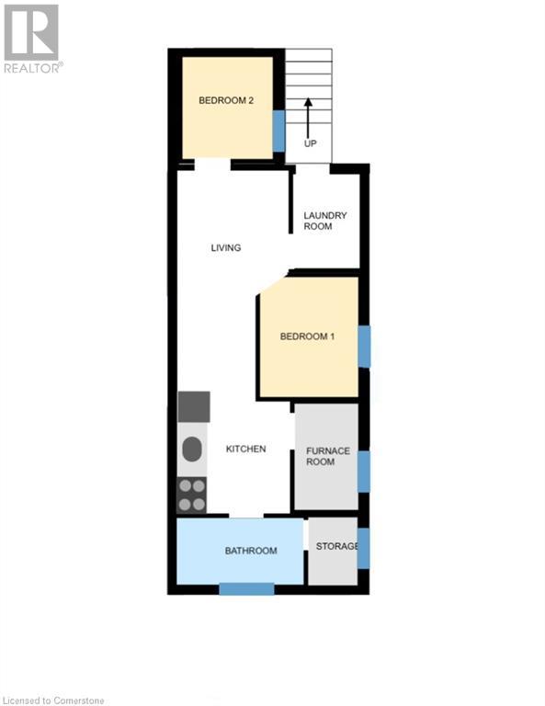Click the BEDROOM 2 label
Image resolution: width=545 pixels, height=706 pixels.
pyautogui.click(x=226, y=101)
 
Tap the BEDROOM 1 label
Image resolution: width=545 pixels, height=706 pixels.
pyautogui.click(x=307, y=337)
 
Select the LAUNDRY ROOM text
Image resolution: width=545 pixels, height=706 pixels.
pyautogui.click(x=325, y=221)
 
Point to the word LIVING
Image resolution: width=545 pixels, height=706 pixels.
pyautogui.click(x=225, y=248)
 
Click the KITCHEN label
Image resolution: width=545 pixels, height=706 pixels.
pyautogui.click(x=246, y=449)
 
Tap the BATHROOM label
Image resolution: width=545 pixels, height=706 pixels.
pyautogui.click(x=251, y=551)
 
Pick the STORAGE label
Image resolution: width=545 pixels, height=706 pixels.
pyautogui.click(x=336, y=547)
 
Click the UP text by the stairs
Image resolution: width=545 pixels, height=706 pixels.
pyautogui.click(x=310, y=145)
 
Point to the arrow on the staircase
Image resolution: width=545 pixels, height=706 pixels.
pyautogui.click(x=309, y=110)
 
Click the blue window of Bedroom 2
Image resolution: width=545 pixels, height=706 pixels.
pyautogui.click(x=278, y=131)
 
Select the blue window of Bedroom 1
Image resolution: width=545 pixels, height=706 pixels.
pyautogui.click(x=364, y=347)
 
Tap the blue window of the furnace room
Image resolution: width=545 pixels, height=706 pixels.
pyautogui.click(x=364, y=471)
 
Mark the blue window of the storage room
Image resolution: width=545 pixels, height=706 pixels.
pyautogui.click(x=364, y=548)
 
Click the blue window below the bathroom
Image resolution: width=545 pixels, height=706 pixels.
pyautogui.click(x=246, y=589)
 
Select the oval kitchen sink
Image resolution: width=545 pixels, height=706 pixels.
pyautogui.click(x=192, y=450)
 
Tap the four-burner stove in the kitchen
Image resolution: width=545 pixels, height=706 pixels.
pyautogui.click(x=192, y=495)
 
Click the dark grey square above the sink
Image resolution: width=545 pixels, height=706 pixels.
pyautogui.click(x=194, y=406)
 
